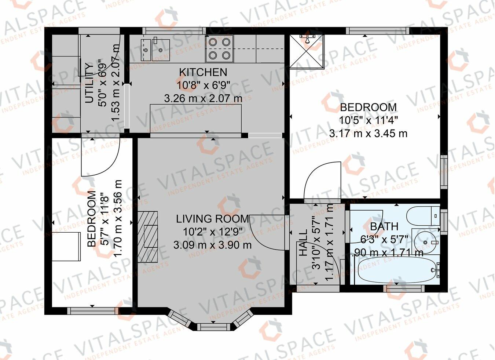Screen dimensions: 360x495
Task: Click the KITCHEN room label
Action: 203,72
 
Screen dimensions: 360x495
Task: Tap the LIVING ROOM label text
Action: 212,219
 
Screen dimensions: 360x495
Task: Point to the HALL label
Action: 303,243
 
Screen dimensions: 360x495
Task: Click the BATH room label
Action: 384,227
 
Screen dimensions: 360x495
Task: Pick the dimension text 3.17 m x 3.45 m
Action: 368,133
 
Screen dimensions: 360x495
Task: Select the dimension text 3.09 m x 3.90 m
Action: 212,245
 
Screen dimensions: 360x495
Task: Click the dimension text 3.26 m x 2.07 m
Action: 203,98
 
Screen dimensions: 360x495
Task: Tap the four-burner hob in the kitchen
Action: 219,49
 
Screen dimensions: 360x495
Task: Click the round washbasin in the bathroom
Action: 425,242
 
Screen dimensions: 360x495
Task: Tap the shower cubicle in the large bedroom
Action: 307,51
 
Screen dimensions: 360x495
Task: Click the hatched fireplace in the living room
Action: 148,237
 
